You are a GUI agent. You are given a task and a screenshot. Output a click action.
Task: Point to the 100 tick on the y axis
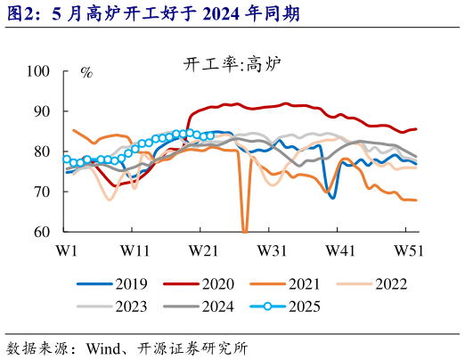(38, 70)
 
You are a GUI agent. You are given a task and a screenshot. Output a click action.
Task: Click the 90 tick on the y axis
(42, 111)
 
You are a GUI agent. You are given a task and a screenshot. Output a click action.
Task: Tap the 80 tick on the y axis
(42, 151)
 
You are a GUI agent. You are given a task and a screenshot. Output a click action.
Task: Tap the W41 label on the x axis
(339, 251)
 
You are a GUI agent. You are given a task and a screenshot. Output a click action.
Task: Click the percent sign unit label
(86, 72)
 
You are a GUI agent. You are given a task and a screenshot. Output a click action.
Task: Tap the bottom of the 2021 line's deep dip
(245, 231)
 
